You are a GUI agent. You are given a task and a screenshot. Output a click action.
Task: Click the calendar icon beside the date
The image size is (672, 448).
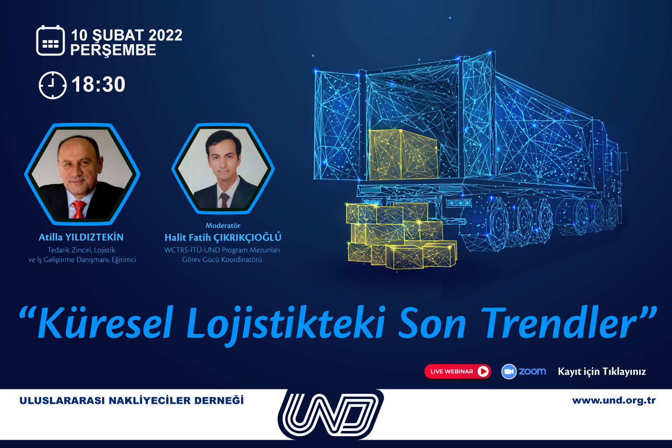(x=50, y=41)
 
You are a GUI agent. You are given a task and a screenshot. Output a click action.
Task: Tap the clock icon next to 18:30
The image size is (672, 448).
(x=52, y=85)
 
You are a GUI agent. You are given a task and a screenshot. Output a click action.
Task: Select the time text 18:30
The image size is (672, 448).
(x=98, y=84)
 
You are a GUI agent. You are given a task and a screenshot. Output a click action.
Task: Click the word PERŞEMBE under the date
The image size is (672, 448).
(x=113, y=50)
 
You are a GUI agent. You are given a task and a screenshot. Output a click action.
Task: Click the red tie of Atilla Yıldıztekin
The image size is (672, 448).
(x=79, y=209)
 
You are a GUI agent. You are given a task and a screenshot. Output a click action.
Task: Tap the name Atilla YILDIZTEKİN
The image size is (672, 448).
(x=81, y=238)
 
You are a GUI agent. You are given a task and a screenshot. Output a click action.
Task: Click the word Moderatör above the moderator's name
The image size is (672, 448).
(x=223, y=225)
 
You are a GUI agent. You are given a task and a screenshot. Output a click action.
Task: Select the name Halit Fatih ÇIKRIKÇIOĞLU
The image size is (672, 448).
(x=223, y=238)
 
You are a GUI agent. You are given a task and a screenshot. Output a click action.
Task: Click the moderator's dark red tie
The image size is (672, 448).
(x=224, y=200)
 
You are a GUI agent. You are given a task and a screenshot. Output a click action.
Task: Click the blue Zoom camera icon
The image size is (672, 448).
(x=509, y=371)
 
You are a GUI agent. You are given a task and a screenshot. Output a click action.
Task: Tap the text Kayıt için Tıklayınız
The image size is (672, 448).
(x=602, y=372)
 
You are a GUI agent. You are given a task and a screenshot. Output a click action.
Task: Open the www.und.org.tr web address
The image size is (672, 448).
(x=614, y=401)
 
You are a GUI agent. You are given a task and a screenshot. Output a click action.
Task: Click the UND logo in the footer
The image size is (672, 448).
(x=331, y=414)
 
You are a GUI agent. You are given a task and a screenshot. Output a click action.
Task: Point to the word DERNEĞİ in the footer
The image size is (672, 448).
(x=219, y=400)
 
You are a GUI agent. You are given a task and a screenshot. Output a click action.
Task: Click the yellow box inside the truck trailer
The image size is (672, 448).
(x=403, y=154)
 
